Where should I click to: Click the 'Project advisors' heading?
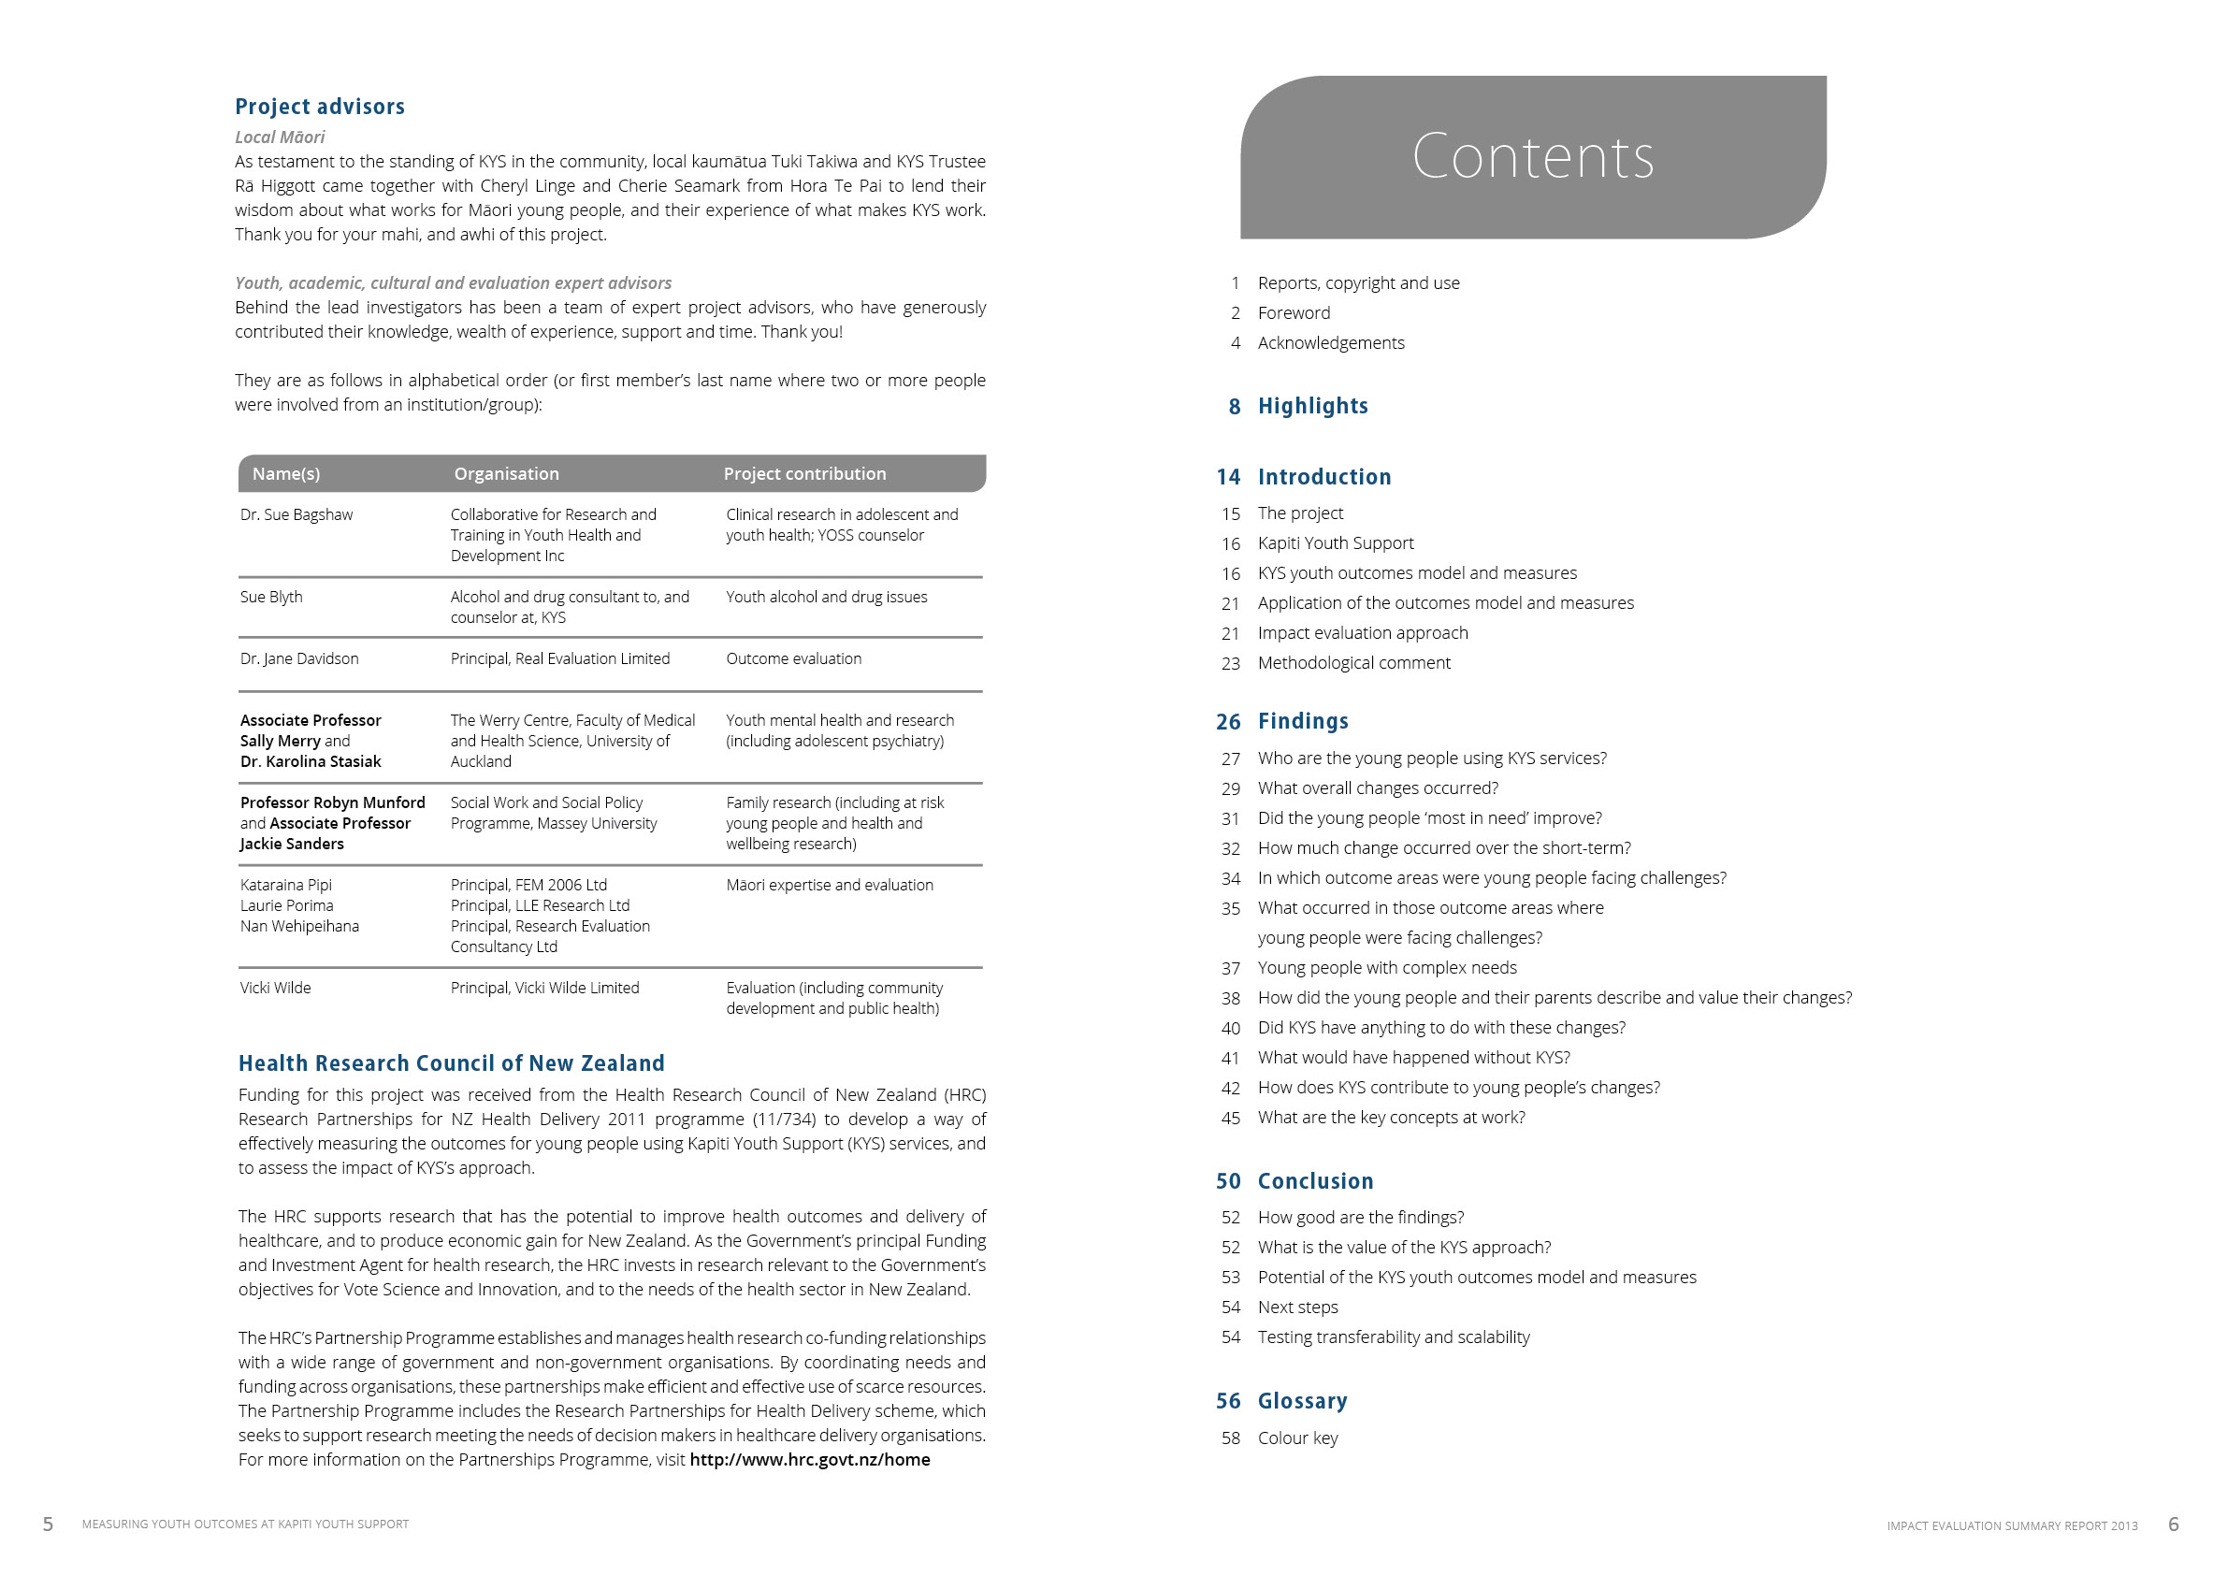319,107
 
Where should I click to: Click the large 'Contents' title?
1531,156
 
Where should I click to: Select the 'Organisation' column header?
506,473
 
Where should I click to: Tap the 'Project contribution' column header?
804,473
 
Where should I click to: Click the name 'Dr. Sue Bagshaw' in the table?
296,515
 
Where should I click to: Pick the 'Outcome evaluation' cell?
793,658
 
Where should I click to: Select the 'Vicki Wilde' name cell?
276,988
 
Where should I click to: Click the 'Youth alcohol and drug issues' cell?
827,597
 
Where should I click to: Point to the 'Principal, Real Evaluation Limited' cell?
559,658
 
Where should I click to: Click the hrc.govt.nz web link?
809,1460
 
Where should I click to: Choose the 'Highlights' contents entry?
1312,406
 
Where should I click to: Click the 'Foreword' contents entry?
1294,312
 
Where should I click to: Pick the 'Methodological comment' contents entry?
1353,662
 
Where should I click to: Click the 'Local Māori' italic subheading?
280,137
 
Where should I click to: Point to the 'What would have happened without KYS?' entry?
1413,1057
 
